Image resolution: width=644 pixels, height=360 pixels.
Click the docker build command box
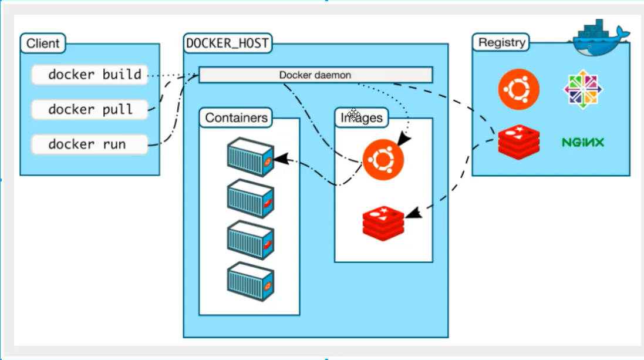[90, 75]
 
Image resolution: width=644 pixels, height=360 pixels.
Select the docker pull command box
[90, 109]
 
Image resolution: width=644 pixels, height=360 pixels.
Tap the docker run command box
[90, 144]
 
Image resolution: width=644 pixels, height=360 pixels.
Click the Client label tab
[43, 43]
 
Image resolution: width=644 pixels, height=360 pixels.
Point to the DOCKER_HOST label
[228, 43]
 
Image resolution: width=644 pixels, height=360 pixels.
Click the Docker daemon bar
[315, 75]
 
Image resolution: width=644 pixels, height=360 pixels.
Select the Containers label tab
[236, 117]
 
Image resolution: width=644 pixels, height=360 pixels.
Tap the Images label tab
[362, 117]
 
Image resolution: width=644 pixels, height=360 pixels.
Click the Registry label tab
[501, 42]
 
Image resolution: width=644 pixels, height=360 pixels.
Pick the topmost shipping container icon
[251, 157]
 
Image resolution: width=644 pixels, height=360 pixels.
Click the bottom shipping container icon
[251, 281]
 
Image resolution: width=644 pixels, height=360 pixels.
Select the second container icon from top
[251, 198]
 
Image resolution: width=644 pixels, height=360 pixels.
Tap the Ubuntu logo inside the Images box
[383, 160]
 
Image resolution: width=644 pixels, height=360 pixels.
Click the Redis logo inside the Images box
[383, 223]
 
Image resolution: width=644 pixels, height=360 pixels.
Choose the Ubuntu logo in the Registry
[519, 89]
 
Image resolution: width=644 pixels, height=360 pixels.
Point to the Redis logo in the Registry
[519, 142]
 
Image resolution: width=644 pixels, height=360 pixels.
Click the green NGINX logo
[583, 142]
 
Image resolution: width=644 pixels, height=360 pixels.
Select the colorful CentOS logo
[583, 89]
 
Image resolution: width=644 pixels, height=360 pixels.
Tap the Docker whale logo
[599, 38]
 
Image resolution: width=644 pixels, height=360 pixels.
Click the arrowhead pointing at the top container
[281, 159]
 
